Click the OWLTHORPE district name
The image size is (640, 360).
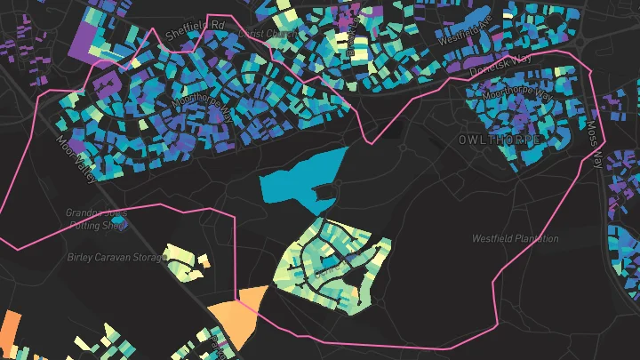coord(499,141)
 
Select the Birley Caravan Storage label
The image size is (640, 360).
coord(116,258)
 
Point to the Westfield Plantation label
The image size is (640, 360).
coord(515,238)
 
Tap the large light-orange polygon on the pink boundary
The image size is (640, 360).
coord(237,316)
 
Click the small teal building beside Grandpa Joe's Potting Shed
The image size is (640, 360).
coord(133,222)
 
